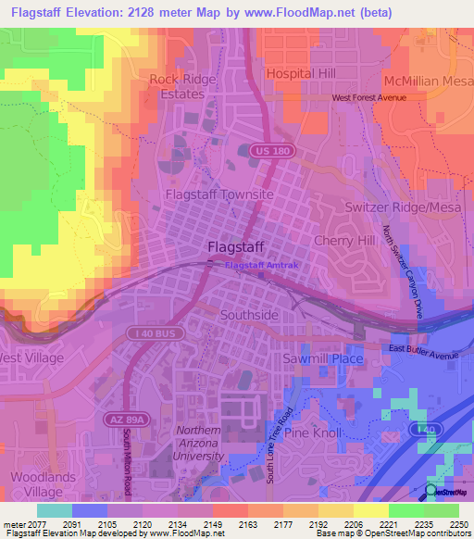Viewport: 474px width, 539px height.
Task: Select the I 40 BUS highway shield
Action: (152, 331)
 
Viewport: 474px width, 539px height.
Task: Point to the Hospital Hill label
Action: (299, 72)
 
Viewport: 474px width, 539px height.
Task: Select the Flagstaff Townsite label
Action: (219, 194)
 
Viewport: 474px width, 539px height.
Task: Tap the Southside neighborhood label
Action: (249, 315)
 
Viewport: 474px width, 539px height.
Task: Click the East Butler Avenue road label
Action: (424, 348)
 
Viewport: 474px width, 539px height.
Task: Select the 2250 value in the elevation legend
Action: (455, 523)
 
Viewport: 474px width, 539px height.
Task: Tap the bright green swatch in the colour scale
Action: (405, 510)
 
